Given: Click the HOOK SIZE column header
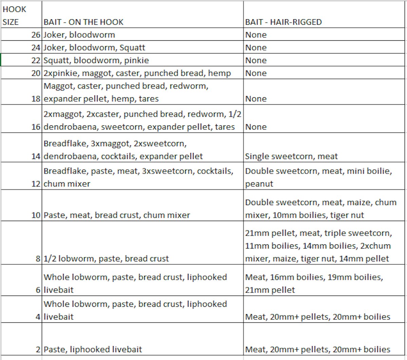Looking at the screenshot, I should point(14,16).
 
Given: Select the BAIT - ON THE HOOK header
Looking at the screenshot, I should point(83,22).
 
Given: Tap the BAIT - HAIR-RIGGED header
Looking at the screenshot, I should point(283,22).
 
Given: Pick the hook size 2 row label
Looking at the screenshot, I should point(38,349).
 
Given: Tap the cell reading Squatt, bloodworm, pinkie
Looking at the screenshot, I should point(96,60).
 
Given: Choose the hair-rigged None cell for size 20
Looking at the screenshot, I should point(256,73).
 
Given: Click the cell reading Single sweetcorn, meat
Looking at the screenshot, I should point(291,156).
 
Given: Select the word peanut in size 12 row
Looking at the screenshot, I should point(259,184).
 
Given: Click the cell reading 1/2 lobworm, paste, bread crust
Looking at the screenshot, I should point(106,259).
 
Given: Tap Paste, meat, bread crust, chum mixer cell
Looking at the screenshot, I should point(117,215).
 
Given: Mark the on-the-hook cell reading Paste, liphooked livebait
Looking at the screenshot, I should point(93,349).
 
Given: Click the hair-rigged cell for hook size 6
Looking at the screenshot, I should point(314,283).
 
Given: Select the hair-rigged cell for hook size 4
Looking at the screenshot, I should point(317,317).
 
